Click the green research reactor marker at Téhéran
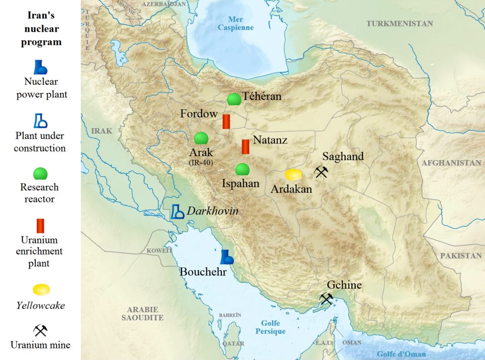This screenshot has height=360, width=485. (233, 99)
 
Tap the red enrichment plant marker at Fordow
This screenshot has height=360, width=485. (227, 121)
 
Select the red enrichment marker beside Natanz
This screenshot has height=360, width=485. (246, 146)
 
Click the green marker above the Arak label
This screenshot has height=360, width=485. (201, 138)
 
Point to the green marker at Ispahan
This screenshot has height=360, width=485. (243, 169)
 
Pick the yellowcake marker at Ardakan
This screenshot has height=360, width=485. (294, 175)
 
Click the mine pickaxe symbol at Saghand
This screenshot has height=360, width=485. (321, 172)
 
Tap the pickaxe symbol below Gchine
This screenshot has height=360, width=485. (326, 299)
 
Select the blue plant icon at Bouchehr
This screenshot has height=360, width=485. (227, 257)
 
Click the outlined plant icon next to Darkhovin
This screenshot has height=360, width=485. (177, 211)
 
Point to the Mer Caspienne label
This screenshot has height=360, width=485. (235, 24)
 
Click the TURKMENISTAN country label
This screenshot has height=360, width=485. (400, 24)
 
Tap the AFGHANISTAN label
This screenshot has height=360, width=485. (451, 163)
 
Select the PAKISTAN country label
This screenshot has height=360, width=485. (461, 256)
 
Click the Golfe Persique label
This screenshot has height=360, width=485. (270, 327)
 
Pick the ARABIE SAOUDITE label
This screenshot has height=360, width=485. (142, 314)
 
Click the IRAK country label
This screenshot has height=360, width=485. (102, 131)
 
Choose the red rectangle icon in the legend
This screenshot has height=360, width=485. (40, 226)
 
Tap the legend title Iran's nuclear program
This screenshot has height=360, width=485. (40, 29)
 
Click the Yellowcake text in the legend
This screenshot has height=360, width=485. (40, 305)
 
